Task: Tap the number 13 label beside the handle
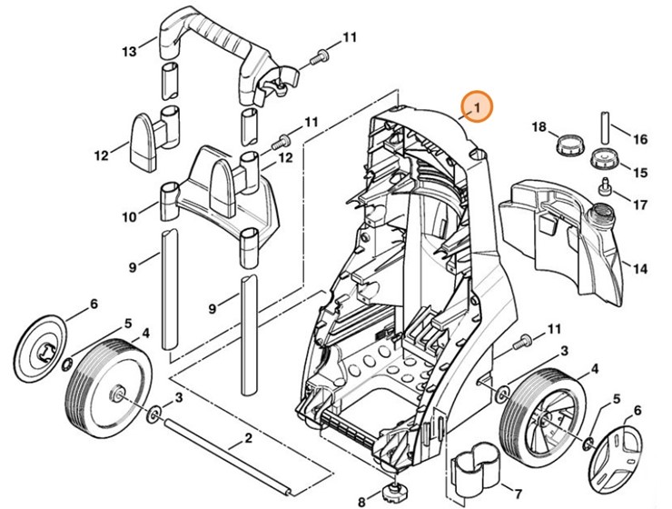pos(130,50)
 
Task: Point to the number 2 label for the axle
pos(247,440)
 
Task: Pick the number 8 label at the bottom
pos(361,501)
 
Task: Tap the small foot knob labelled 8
pos(393,494)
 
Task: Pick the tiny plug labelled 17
pos(602,189)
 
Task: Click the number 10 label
pos(130,216)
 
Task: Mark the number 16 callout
pos(640,139)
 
